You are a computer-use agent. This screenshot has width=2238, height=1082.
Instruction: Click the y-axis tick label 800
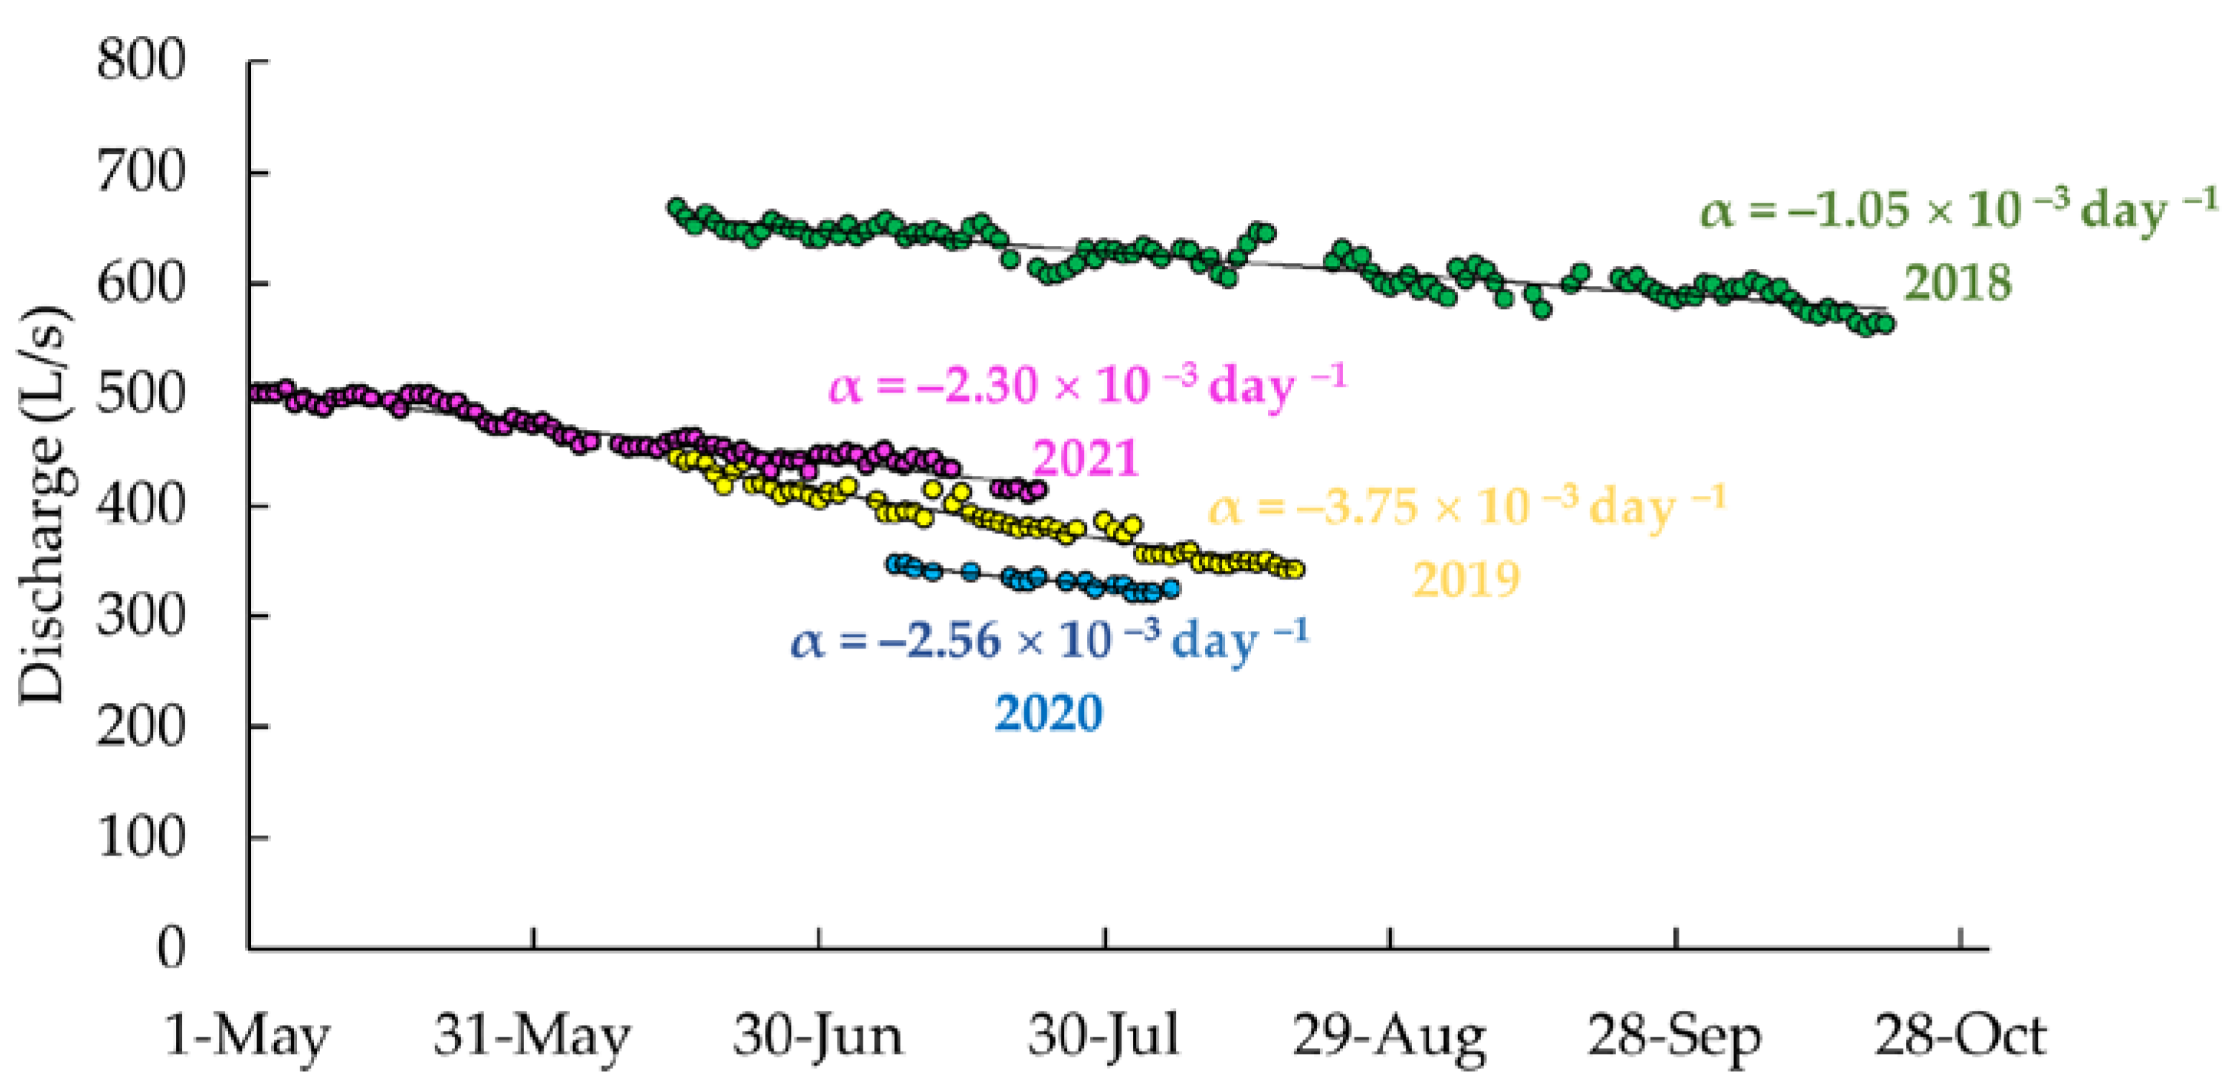(141, 62)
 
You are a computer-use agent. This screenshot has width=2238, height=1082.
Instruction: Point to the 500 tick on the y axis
(141, 395)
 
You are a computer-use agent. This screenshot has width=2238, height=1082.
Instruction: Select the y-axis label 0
(171, 948)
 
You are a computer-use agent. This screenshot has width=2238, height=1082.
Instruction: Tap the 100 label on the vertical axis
(141, 838)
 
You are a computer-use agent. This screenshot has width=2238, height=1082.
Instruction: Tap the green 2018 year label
(1958, 283)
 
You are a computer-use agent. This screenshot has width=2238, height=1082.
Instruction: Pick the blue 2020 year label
(1047, 713)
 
